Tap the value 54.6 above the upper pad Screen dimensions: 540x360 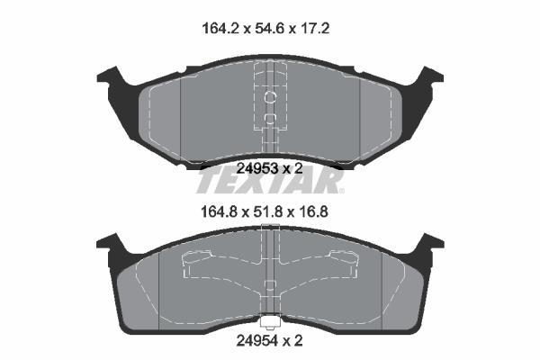pos(270,28)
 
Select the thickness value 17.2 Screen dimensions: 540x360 pos(315,28)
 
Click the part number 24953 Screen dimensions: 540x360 pos(256,168)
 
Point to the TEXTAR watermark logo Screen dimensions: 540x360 pos(270,181)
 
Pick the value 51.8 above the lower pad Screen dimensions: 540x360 pos(268,211)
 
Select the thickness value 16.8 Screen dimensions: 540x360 pos(313,211)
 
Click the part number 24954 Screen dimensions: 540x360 pos(256,341)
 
